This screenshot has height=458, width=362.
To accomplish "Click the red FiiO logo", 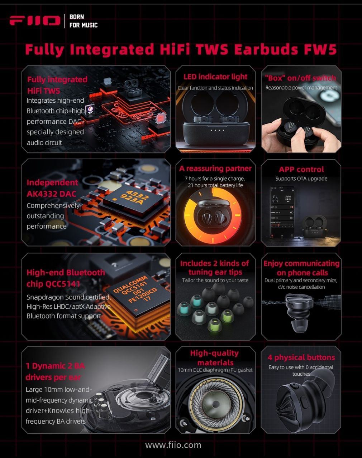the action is (35, 21).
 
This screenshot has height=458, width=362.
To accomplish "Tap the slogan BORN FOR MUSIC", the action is (84, 21).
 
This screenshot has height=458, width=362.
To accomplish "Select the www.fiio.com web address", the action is (173, 445).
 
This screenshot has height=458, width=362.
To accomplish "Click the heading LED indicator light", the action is (215, 77).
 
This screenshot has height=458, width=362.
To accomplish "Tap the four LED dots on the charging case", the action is (217, 130).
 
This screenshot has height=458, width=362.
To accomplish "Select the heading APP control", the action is (301, 169).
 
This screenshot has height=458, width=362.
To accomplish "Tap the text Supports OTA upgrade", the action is (301, 179).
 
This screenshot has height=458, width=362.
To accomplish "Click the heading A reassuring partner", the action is (215, 169).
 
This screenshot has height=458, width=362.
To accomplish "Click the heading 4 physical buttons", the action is (301, 357).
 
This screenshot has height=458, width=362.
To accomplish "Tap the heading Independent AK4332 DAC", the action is (52, 188).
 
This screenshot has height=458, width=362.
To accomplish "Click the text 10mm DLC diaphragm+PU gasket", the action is (215, 370).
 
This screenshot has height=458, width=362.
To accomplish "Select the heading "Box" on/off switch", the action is (300, 78).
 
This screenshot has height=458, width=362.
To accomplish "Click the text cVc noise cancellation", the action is (301, 287).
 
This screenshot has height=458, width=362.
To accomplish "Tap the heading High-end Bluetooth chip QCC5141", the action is (66, 278).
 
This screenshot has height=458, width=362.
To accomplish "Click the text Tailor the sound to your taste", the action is (215, 280).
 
